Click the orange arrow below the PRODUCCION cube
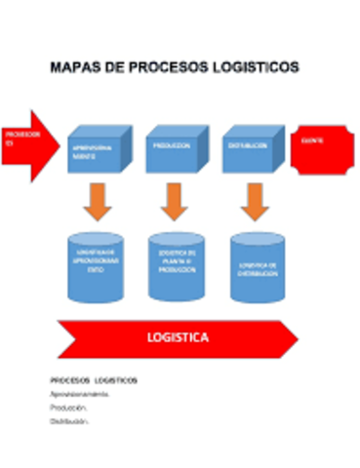[174, 201]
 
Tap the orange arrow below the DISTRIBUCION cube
[252, 201]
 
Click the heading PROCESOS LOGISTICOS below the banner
[93, 379]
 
